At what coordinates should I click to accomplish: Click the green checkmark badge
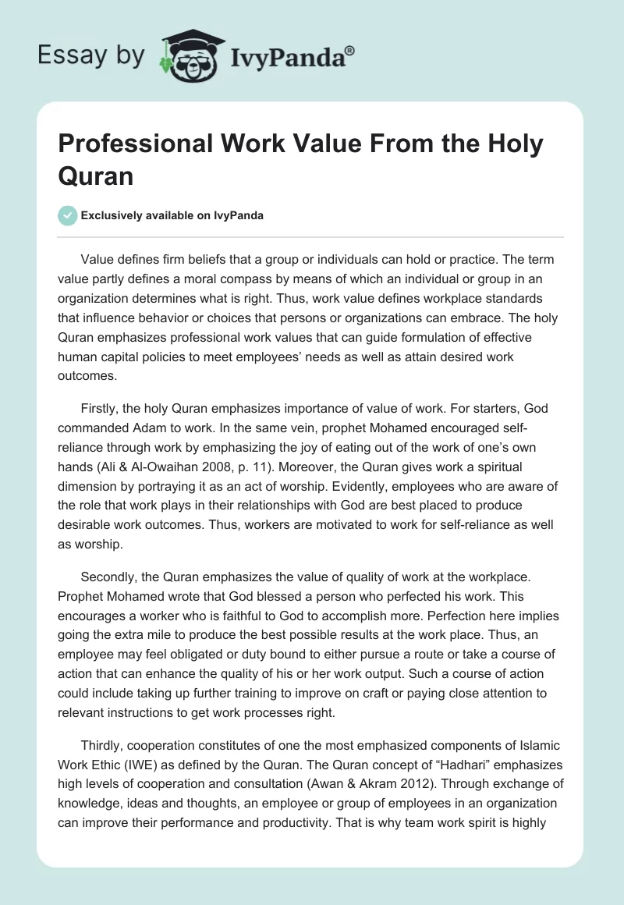(67, 215)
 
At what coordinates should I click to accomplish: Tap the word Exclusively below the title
(114, 215)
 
